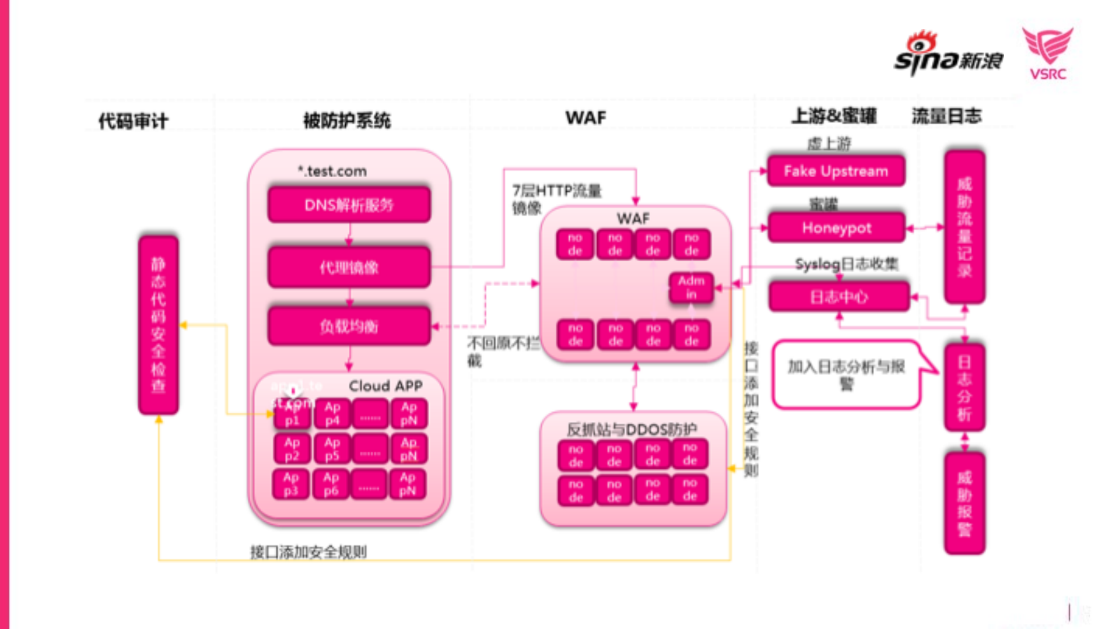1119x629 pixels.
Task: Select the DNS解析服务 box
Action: tap(349, 205)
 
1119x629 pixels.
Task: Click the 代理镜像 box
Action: tap(349, 267)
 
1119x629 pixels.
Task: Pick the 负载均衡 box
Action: tap(349, 326)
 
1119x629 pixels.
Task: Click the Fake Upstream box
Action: tap(836, 171)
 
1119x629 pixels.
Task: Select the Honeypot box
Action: tap(836, 227)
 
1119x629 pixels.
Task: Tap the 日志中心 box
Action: tap(839, 297)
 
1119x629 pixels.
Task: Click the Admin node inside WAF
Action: tap(691, 287)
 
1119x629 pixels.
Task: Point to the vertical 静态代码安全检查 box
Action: tap(158, 325)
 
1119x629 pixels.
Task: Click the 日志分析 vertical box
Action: tap(964, 388)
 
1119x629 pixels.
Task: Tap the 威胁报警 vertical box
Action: tap(964, 503)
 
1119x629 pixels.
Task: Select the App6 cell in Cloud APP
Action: tap(331, 484)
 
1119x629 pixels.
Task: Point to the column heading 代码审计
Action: tap(133, 121)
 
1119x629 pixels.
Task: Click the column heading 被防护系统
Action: tap(347, 120)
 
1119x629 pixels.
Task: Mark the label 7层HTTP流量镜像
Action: tap(555, 199)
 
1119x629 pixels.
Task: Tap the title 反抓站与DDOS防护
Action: tap(631, 430)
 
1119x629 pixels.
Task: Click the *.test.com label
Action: tap(332, 171)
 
